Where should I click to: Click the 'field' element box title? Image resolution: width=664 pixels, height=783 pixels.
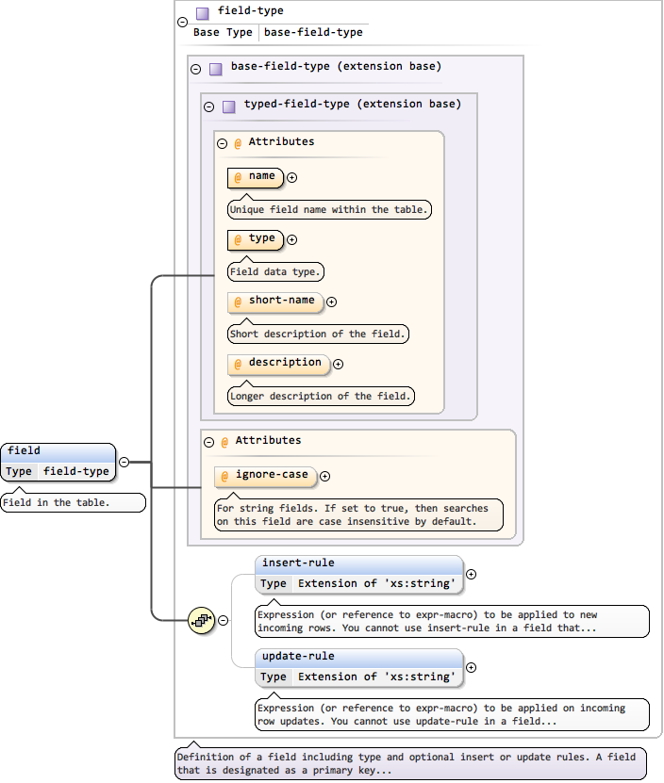(x=25, y=451)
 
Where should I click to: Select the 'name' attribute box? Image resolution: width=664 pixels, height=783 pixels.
(x=256, y=177)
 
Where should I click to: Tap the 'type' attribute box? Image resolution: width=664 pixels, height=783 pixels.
(x=256, y=239)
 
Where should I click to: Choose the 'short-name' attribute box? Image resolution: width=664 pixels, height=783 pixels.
(x=275, y=302)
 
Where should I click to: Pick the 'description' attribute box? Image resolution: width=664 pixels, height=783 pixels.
(x=279, y=364)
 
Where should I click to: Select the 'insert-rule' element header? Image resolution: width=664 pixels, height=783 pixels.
(x=358, y=563)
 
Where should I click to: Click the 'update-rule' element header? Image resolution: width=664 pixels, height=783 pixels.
(x=358, y=657)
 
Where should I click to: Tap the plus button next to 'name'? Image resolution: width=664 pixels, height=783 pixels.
(x=292, y=177)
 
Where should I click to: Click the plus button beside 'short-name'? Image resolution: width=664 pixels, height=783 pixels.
(x=331, y=302)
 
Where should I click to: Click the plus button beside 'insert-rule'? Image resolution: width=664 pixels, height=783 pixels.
(x=472, y=574)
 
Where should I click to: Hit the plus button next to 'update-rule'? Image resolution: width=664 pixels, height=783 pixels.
(x=472, y=667)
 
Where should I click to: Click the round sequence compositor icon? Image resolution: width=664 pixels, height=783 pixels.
(x=202, y=620)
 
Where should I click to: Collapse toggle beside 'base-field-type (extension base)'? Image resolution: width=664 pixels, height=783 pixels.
(x=196, y=69)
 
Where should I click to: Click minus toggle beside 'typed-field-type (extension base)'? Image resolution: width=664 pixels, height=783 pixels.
(x=209, y=106)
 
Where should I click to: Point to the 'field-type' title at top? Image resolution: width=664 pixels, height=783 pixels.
(x=250, y=11)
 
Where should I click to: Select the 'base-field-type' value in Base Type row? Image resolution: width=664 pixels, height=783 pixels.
(x=313, y=32)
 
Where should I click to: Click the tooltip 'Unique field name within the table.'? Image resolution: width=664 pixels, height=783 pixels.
(x=329, y=210)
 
